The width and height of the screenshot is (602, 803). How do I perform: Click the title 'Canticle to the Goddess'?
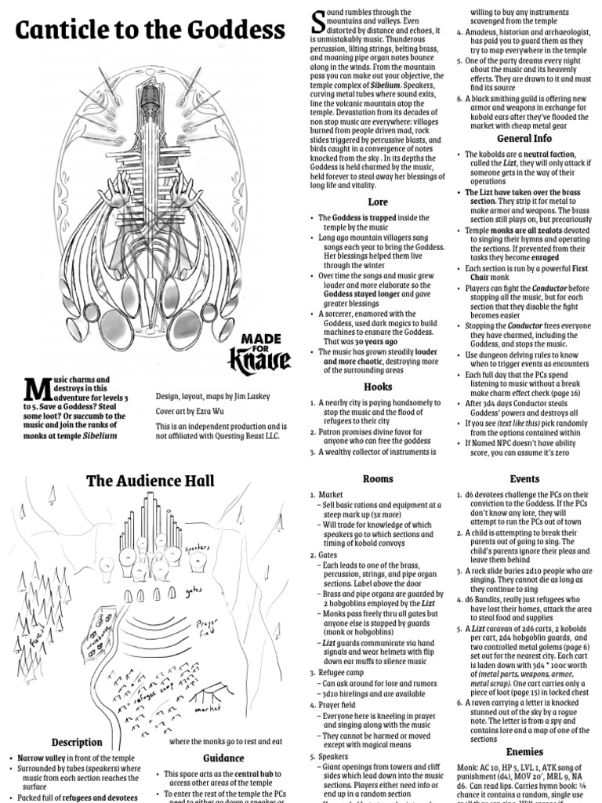pyautogui.click(x=150, y=31)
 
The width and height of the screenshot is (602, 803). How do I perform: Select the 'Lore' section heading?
pyautogui.click(x=378, y=202)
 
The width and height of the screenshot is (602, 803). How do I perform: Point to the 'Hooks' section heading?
pyautogui.click(x=378, y=387)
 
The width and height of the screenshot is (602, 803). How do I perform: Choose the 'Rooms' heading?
pyautogui.click(x=378, y=478)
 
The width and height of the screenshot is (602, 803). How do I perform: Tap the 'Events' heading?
pyautogui.click(x=524, y=478)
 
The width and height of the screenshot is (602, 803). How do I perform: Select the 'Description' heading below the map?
pyautogui.click(x=77, y=742)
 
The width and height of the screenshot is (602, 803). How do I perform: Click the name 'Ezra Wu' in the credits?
pyautogui.click(x=213, y=411)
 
